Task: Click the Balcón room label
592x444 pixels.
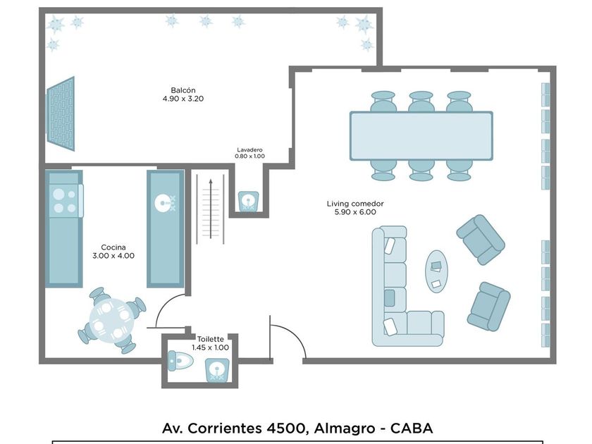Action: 183,90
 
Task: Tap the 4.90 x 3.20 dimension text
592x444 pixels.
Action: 183,99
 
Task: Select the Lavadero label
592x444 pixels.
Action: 249,149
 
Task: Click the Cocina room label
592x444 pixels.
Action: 113,247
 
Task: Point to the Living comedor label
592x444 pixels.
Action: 354,204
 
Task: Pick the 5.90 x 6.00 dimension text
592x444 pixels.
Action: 354,212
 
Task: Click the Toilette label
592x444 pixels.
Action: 211,339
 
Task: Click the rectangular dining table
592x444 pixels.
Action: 421,135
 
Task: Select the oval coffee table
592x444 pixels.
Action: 436,271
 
